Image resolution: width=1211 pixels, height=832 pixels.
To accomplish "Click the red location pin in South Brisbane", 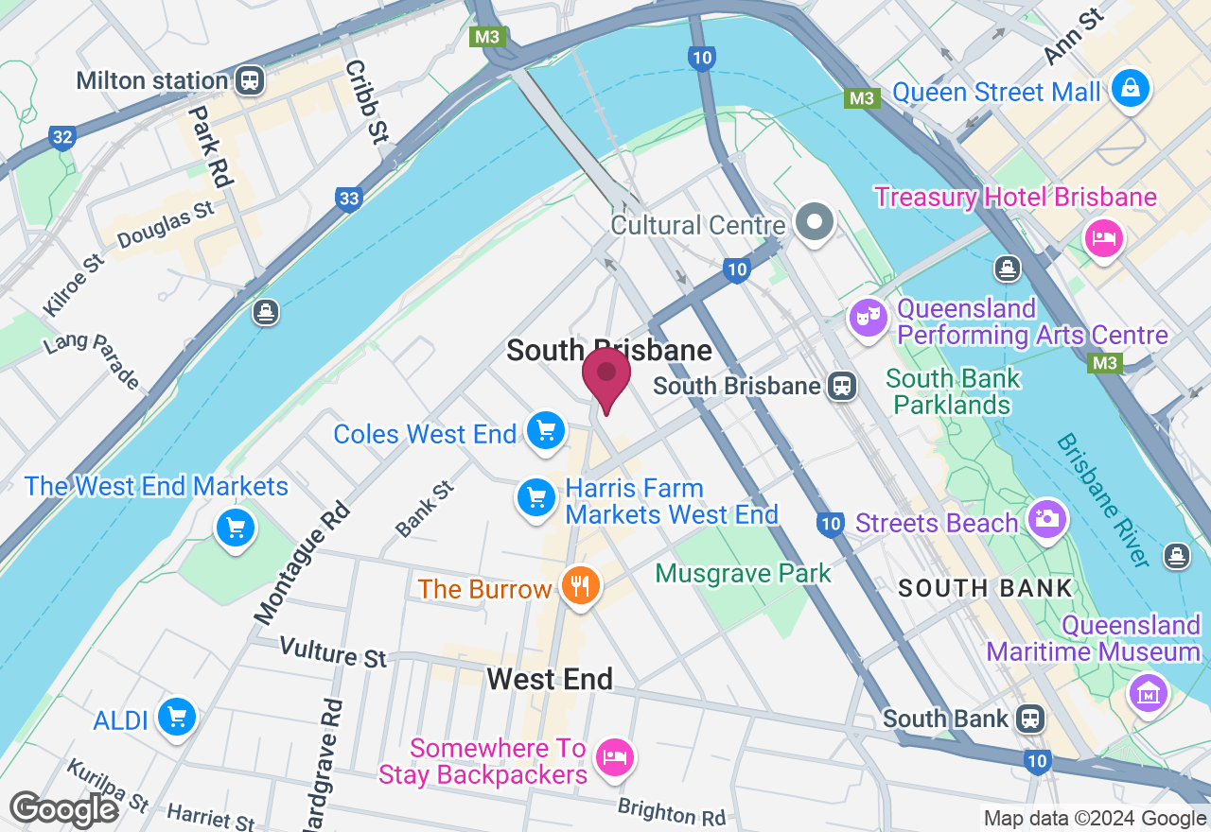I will click(606, 375).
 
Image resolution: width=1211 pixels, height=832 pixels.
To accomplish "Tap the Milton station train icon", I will click(250, 80).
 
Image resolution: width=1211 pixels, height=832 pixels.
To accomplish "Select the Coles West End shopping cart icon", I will click(546, 431).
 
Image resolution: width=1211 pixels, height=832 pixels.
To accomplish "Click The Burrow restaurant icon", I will click(580, 586).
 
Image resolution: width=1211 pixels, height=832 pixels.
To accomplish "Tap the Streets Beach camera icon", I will click(1046, 518).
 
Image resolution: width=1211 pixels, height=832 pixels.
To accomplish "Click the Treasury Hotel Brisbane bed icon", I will click(1103, 235).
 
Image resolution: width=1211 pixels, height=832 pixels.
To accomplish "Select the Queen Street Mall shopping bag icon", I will click(1130, 89).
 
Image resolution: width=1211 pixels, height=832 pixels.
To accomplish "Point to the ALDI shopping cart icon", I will click(176, 717).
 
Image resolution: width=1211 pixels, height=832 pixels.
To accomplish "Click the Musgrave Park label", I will click(743, 573).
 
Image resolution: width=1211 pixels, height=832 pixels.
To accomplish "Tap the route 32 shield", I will click(62, 138).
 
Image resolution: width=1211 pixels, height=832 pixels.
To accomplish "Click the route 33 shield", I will click(348, 198).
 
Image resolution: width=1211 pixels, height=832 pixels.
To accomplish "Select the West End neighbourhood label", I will click(550, 678).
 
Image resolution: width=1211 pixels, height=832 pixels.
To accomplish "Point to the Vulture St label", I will click(334, 652).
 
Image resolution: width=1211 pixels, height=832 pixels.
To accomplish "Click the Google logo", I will click(63, 809).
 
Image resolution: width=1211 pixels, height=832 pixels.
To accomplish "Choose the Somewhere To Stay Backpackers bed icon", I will click(615, 756).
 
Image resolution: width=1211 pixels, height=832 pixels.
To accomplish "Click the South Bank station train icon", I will click(1030, 719).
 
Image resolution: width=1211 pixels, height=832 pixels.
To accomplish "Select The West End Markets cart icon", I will click(236, 528).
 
